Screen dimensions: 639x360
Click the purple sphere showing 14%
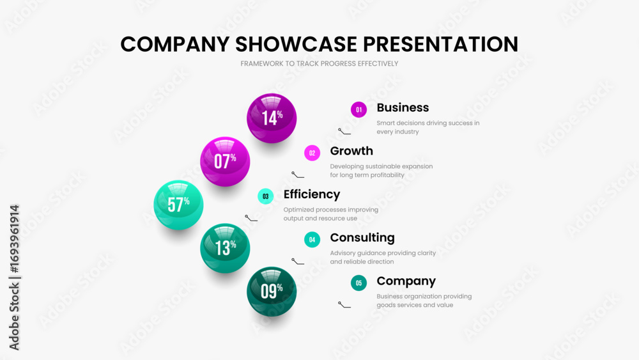coord(272,118)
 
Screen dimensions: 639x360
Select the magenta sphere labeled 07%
coord(225,161)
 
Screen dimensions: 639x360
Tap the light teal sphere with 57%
coord(178,205)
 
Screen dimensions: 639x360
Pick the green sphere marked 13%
coord(225,248)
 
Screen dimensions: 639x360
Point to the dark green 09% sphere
coord(272,292)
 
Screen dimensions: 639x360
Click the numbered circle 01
coord(358,110)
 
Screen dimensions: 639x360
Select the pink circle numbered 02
coord(312,153)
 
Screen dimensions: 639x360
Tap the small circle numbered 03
coord(266,196)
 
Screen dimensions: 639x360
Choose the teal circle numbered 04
coord(312,240)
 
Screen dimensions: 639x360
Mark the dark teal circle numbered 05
coord(358,283)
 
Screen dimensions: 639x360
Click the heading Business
coord(403,107)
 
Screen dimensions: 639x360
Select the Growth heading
coord(351,151)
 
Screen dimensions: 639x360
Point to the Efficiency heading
coord(312,194)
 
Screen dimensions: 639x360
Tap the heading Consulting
coord(362,238)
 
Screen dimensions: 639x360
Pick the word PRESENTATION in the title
coord(440,44)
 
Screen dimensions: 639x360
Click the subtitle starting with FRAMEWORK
coord(319,63)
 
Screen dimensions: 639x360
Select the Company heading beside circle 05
coord(406,281)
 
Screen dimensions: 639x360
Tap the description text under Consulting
coord(383,257)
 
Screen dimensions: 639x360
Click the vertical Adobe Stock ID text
coord(14,278)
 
